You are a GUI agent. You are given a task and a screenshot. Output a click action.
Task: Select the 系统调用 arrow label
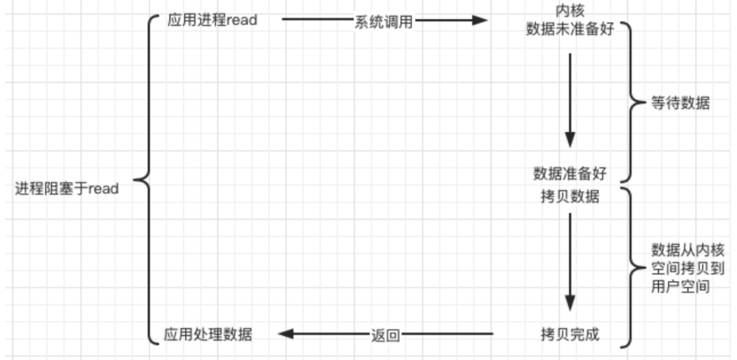tap(383, 21)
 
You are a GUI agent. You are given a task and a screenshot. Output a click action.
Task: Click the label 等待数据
tap(680, 103)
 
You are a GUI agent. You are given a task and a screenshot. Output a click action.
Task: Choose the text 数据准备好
tap(569, 173)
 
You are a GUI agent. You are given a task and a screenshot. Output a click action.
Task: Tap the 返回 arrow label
tap(385, 335)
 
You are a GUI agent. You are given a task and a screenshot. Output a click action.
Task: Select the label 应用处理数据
tap(208, 334)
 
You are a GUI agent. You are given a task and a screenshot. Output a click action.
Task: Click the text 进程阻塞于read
tap(67, 189)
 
